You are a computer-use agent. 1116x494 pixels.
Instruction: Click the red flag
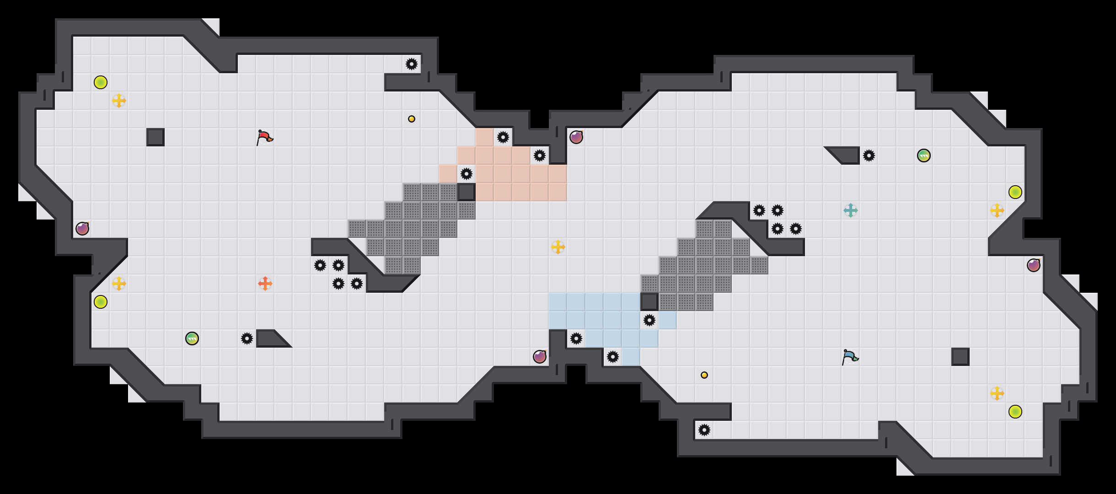(x=264, y=137)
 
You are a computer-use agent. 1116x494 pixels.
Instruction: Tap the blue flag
(x=850, y=357)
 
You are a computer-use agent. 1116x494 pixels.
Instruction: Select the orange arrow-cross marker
(x=265, y=284)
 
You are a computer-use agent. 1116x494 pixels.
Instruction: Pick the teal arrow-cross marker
(x=851, y=210)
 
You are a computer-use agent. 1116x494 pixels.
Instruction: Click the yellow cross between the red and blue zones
(x=558, y=247)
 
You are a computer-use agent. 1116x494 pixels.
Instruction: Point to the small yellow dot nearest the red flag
(x=412, y=119)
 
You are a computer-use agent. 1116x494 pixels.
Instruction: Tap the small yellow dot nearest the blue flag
(x=704, y=375)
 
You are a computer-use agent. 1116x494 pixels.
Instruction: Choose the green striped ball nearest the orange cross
(x=192, y=338)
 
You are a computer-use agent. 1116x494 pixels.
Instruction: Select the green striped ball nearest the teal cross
(x=924, y=156)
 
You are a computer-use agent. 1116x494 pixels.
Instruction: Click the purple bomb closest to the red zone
(x=576, y=137)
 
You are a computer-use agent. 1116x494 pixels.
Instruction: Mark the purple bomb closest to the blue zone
(x=540, y=357)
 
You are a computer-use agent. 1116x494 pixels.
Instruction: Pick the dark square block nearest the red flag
(x=156, y=137)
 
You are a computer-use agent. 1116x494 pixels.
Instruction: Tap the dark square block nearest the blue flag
(x=960, y=357)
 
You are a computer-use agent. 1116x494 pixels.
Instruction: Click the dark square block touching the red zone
(x=467, y=192)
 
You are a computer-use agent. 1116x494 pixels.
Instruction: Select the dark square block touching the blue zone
(x=649, y=302)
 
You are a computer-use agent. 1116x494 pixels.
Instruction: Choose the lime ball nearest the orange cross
(x=101, y=302)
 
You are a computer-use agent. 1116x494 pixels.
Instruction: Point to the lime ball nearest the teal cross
(x=1015, y=192)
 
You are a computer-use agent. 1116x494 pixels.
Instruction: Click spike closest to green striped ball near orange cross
(x=247, y=338)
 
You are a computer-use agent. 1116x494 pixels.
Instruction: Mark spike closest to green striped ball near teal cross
(x=869, y=156)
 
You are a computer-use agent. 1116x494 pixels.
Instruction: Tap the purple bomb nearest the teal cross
(x=1034, y=265)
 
